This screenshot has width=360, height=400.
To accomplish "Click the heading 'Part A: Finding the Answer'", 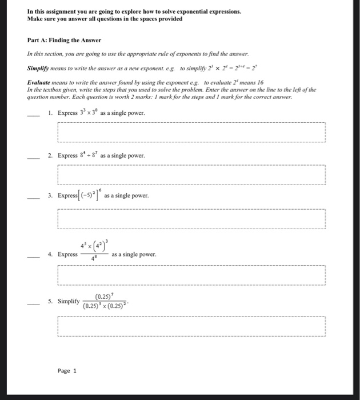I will tap(64, 40).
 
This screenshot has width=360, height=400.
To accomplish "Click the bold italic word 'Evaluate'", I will tap(42, 82).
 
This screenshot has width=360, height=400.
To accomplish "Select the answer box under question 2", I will tap(191, 175).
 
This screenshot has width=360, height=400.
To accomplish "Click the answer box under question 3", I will tap(191, 217).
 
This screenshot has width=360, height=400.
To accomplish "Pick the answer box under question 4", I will tap(191, 277).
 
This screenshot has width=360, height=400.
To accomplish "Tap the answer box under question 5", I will tap(191, 327).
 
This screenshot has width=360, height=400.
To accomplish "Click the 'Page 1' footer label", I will tap(67, 371).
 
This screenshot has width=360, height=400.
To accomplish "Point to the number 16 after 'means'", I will tap(260, 82).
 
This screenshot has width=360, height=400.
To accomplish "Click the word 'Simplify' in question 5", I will tap(68, 301).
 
